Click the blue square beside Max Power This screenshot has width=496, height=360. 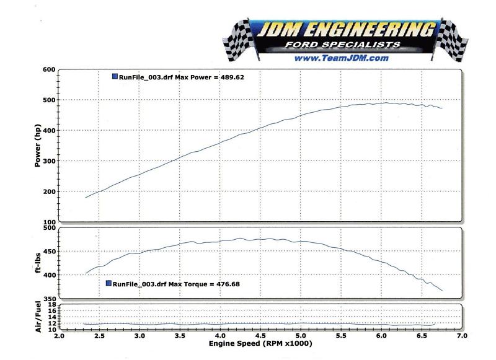tap(115, 76)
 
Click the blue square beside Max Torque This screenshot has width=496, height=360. tap(109, 283)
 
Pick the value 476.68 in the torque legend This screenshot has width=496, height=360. tap(226, 284)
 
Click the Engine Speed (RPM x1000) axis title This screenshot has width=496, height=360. tap(260, 343)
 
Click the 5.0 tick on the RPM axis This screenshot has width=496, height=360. tap(301, 336)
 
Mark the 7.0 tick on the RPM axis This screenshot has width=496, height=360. tap(461, 336)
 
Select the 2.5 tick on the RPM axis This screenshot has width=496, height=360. tap(99, 336)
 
